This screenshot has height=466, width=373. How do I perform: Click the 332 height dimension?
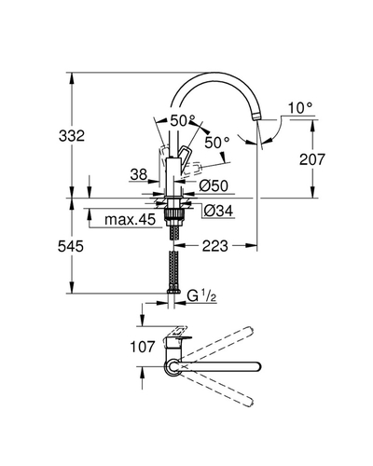(x=72, y=136)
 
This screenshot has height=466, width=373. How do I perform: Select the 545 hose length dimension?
(x=71, y=246)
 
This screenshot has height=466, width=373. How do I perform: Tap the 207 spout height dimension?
(x=312, y=159)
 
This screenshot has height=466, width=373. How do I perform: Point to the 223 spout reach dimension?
(x=215, y=246)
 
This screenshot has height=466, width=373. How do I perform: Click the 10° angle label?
(x=300, y=108)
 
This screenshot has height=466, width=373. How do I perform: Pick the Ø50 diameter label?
(x=214, y=185)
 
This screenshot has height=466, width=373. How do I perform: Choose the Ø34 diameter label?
(x=218, y=212)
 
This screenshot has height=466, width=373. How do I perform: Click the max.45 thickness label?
(x=130, y=220)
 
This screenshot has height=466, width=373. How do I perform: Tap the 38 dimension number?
(x=139, y=174)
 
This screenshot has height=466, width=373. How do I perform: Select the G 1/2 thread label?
(x=201, y=295)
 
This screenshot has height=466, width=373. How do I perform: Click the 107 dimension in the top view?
(x=143, y=347)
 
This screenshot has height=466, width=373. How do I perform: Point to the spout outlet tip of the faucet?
(x=256, y=117)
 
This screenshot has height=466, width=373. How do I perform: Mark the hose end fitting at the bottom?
(x=174, y=291)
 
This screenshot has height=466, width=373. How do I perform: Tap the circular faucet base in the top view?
(x=173, y=366)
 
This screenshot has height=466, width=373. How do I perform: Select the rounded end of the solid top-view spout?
(x=256, y=366)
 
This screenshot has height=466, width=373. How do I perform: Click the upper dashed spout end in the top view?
(x=249, y=330)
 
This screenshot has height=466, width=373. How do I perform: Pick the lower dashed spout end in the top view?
(x=249, y=402)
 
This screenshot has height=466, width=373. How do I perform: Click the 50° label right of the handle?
(x=216, y=143)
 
